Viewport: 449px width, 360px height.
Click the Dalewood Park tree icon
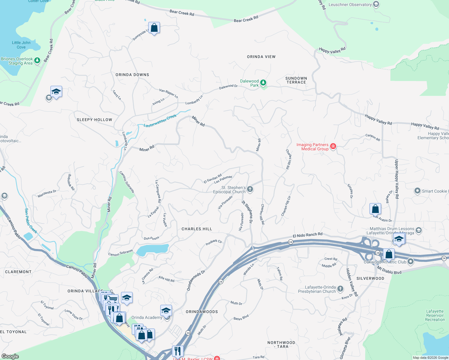pos(263,82)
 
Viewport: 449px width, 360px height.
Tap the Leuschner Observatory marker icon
pos(376,4)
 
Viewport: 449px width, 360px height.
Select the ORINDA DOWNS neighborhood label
pos(132,75)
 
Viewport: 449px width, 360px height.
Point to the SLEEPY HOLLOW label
pos(95,120)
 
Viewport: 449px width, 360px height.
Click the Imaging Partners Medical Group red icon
pos(333,146)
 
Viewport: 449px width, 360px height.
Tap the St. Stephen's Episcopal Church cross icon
pos(250,189)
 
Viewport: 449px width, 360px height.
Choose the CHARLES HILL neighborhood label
pos(197,229)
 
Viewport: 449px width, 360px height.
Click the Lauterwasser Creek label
pos(160,121)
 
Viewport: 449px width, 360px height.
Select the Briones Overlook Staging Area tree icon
pos(37,61)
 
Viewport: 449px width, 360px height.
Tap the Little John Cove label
pos(21,45)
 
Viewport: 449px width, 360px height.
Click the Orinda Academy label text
pos(146,318)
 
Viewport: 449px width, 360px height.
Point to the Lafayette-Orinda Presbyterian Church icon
pos(340,289)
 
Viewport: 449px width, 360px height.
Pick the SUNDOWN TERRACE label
pos(296,80)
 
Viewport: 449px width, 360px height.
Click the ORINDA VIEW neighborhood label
pos(261,57)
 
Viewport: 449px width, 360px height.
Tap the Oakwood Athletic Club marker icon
pos(411,262)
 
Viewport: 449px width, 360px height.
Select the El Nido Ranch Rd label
pos(308,235)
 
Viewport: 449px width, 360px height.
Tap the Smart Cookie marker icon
pos(417,191)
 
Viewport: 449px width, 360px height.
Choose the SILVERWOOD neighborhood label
pos(370,278)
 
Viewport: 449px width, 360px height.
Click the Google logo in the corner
pos(10,356)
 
